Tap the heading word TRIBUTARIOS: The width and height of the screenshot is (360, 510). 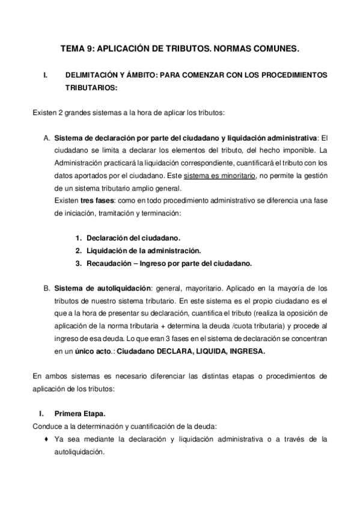tap(90, 87)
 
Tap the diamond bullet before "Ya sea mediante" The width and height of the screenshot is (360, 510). tap(47, 440)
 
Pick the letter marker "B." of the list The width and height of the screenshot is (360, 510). tap(46, 288)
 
